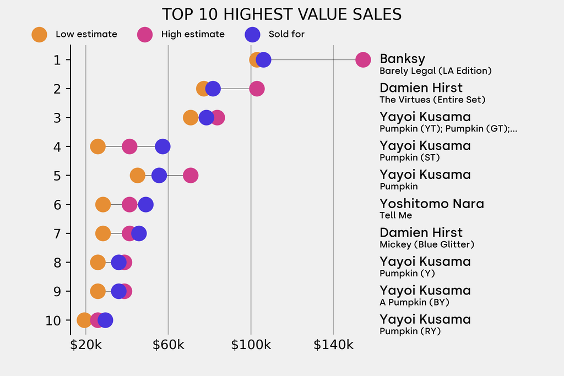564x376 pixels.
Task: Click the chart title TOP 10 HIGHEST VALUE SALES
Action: coord(281,15)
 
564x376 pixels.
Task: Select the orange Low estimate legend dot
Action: coord(39,35)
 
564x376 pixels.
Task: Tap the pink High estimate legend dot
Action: coord(145,35)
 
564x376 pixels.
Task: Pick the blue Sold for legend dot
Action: coord(252,35)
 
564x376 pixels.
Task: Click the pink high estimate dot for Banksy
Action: coord(363,59)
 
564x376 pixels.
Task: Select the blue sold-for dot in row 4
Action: coord(162,146)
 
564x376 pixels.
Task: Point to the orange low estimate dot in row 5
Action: coord(137,176)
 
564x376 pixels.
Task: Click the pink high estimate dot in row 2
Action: coord(257,89)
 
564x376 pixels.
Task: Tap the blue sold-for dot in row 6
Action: coord(145,205)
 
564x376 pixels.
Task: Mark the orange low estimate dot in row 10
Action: coord(84,320)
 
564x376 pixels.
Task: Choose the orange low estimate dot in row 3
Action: coord(191,118)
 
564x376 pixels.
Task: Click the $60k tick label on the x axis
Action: coord(169,345)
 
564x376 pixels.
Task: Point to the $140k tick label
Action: coord(333,345)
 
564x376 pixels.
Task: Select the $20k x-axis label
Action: coord(86,345)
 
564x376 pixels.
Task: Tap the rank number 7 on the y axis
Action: coord(57,233)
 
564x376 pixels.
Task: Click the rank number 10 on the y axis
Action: coord(53,320)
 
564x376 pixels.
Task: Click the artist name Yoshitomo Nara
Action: coord(432,204)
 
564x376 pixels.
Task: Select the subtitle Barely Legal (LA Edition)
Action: coord(436,71)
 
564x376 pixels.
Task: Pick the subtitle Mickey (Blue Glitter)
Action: coord(427,244)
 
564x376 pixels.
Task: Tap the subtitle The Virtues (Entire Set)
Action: coord(432,100)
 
